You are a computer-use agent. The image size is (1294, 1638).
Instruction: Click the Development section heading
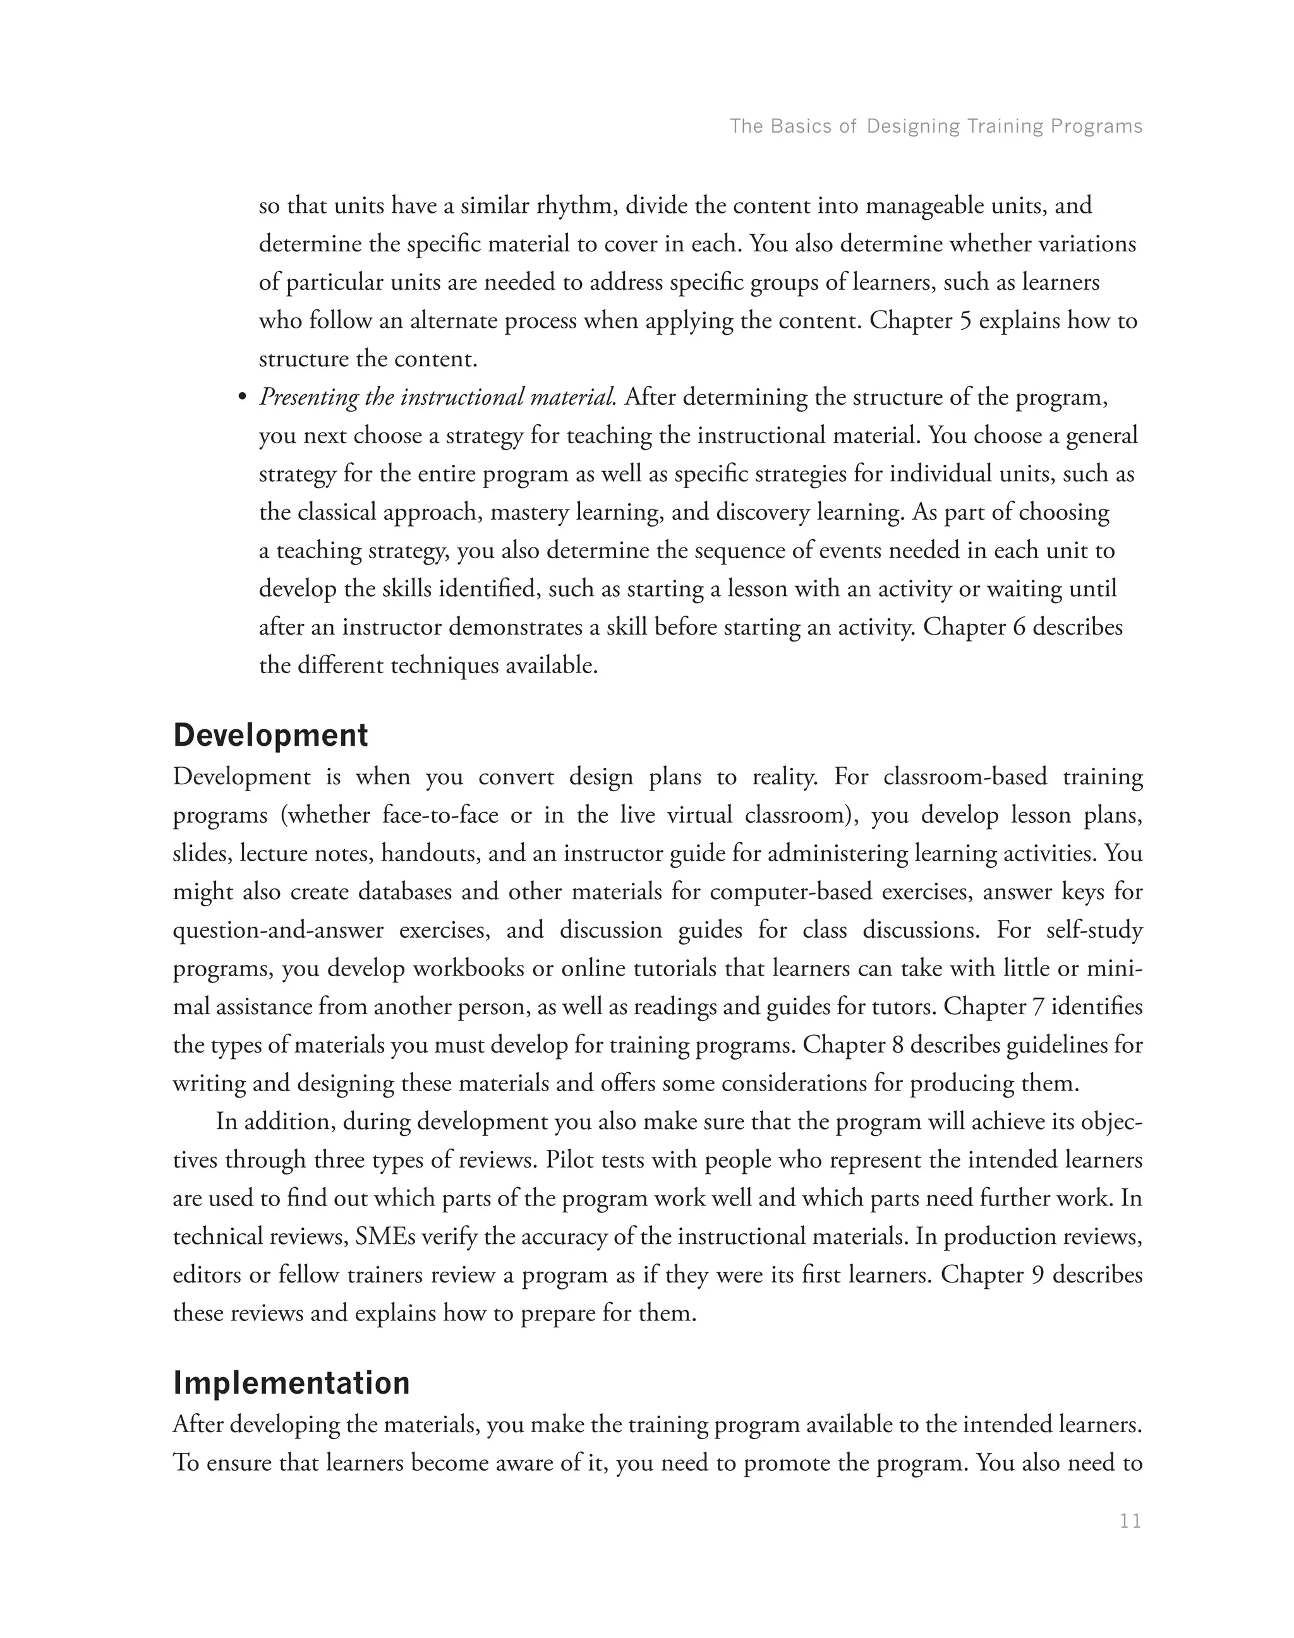click(270, 735)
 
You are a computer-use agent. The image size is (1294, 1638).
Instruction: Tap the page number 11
click(1130, 1521)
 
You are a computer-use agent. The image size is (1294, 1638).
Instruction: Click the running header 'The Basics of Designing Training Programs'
click(936, 126)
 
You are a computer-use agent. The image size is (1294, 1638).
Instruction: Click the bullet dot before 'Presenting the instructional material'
click(243, 398)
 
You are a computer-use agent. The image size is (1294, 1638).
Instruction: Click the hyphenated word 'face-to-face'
click(440, 816)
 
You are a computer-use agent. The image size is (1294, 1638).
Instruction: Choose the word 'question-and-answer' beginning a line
click(278, 930)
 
